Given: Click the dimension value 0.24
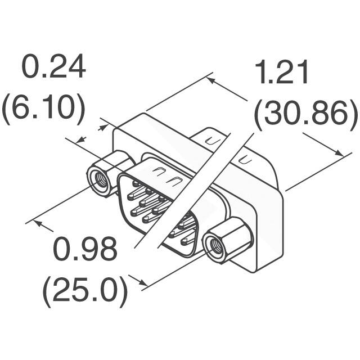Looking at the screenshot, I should [53, 67].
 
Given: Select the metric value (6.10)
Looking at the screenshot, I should [43, 108].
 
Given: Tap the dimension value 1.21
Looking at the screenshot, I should [282, 73].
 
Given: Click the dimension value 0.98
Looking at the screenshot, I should [85, 249].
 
